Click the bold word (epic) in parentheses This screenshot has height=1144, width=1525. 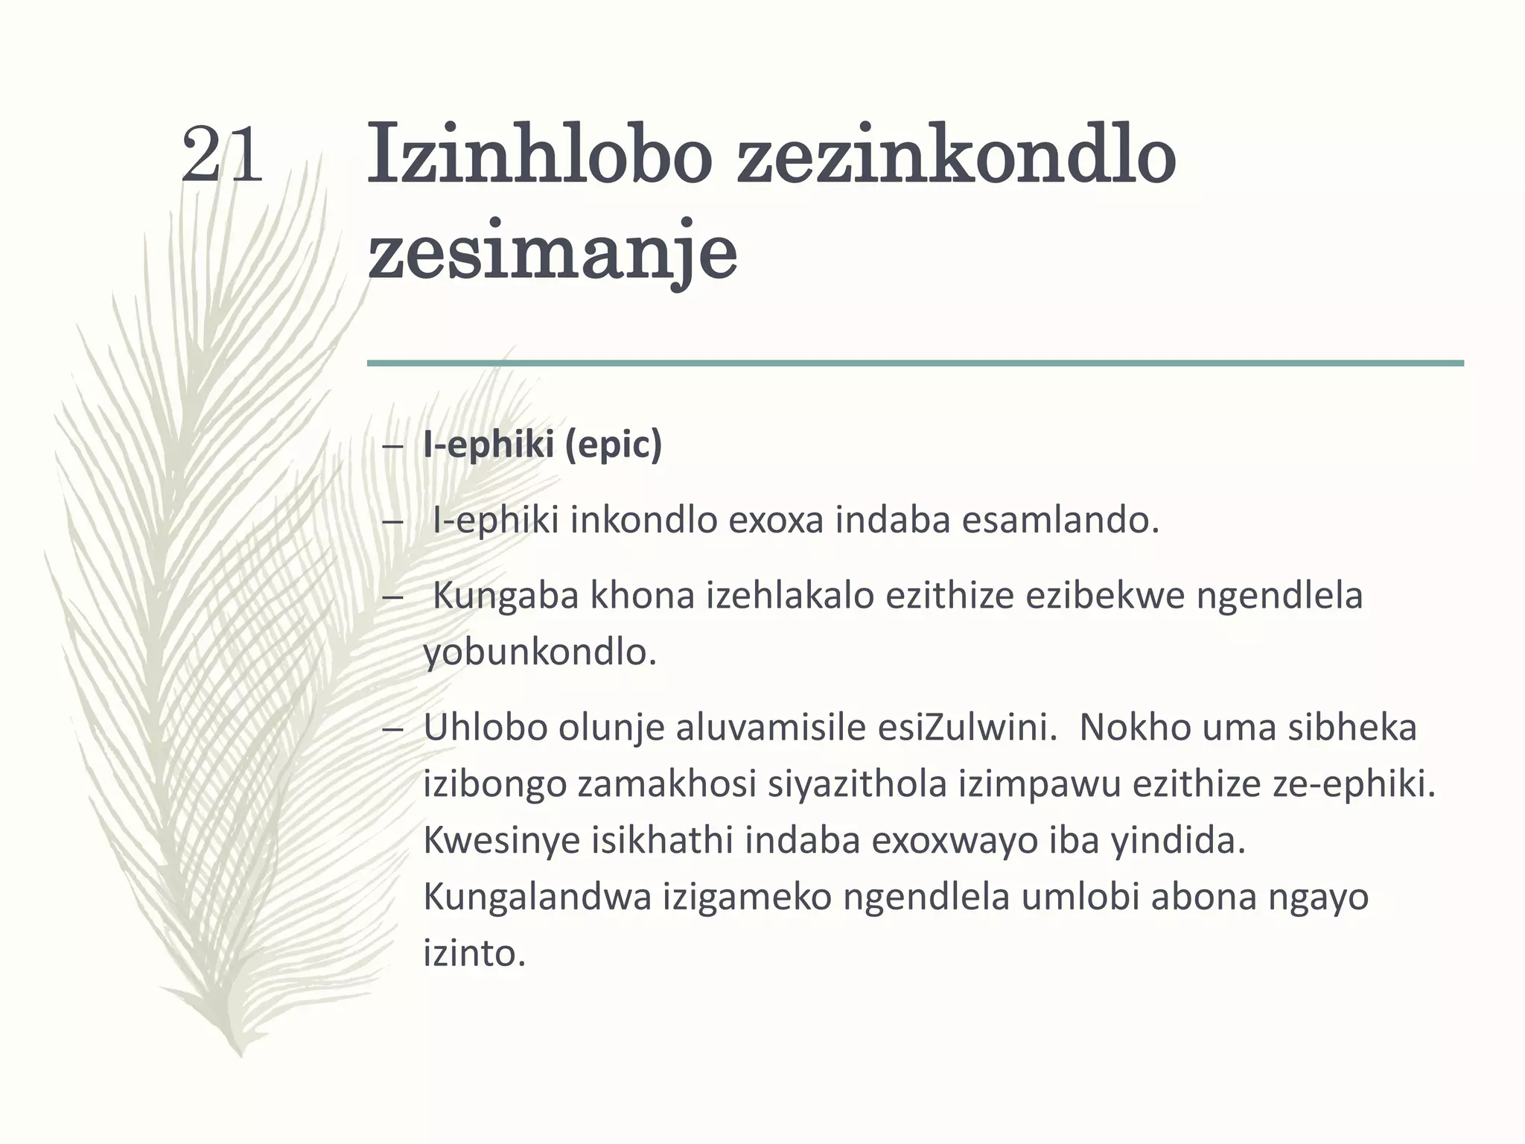coord(613,445)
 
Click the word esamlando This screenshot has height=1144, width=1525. coord(1060,520)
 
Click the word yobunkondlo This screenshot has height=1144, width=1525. coord(540,652)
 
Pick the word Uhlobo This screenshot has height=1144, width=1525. coord(485,727)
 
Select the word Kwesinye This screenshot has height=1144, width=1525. coord(501,841)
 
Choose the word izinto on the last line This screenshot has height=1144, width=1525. coord(474,953)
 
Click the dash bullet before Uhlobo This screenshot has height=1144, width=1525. coord(392,728)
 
